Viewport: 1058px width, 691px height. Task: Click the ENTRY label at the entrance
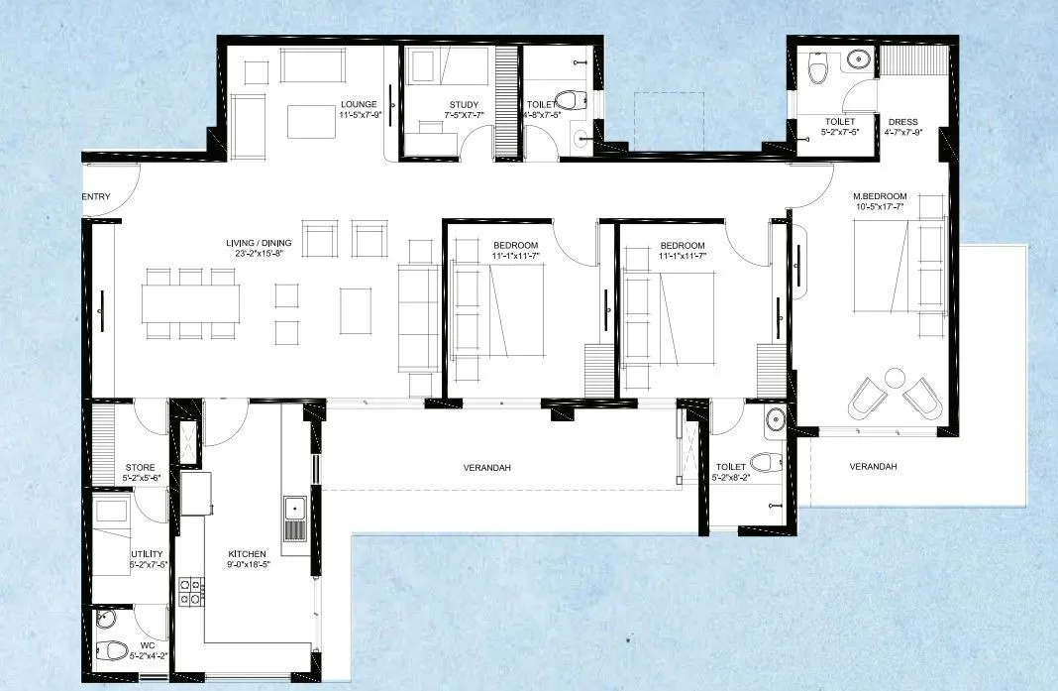tap(96, 196)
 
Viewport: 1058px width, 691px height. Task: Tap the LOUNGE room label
tap(357, 104)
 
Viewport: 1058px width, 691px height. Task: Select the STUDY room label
tap(464, 105)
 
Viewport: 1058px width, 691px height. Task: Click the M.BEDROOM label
tap(880, 196)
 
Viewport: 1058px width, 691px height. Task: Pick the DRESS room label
tap(902, 122)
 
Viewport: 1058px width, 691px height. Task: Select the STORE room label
tap(140, 467)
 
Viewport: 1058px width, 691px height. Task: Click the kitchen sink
tap(294, 510)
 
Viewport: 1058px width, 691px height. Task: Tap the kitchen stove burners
tap(189, 592)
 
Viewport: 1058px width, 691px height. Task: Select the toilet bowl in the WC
tap(115, 651)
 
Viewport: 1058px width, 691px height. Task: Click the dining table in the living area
tap(189, 303)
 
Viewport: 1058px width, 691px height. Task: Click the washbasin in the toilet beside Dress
tap(857, 60)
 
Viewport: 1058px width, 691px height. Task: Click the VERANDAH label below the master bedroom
tap(873, 466)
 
